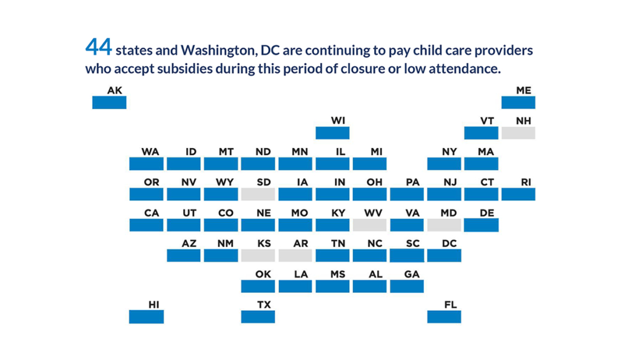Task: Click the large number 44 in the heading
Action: point(98,47)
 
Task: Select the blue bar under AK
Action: point(109,102)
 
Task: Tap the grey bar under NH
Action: point(519,133)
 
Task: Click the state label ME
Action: point(524,90)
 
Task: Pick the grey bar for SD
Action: point(258,194)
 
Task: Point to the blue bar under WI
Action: point(332,133)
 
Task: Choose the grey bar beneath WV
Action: point(369,225)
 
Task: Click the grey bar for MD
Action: point(444,225)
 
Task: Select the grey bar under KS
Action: point(258,255)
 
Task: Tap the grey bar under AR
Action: point(295,255)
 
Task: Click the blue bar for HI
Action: point(146,316)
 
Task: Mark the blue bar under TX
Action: point(258,316)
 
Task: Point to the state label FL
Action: point(451,304)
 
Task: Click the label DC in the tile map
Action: point(449,243)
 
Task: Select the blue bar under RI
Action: point(519,194)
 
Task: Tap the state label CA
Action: point(152,213)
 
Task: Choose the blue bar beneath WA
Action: point(146,164)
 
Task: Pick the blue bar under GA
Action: point(407,286)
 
